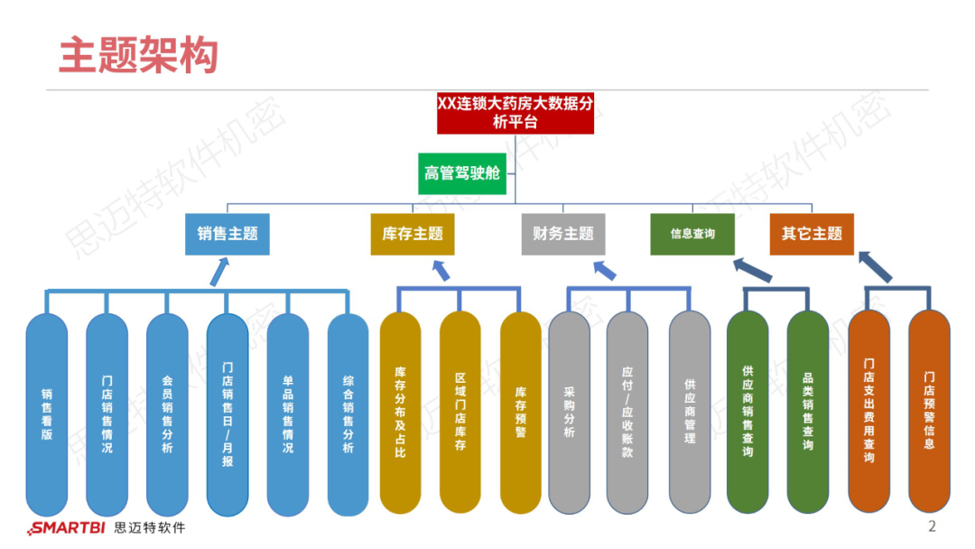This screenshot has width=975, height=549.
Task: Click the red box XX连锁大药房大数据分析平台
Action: (x=515, y=113)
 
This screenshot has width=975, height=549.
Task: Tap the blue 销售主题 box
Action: (x=227, y=234)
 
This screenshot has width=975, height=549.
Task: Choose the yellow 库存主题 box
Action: (x=413, y=234)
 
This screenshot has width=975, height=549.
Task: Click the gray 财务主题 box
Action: (x=563, y=234)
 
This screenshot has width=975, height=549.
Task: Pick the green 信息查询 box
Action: (x=692, y=234)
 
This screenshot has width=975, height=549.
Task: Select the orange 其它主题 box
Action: (x=812, y=234)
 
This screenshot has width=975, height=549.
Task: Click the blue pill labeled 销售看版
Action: (x=47, y=414)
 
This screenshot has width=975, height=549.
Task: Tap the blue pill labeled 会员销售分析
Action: (x=167, y=414)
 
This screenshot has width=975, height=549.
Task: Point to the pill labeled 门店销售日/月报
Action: (x=227, y=414)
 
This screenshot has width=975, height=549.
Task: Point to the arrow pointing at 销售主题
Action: (x=219, y=272)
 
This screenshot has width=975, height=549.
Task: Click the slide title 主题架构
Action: (x=138, y=55)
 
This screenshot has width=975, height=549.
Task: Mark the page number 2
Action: (x=933, y=526)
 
